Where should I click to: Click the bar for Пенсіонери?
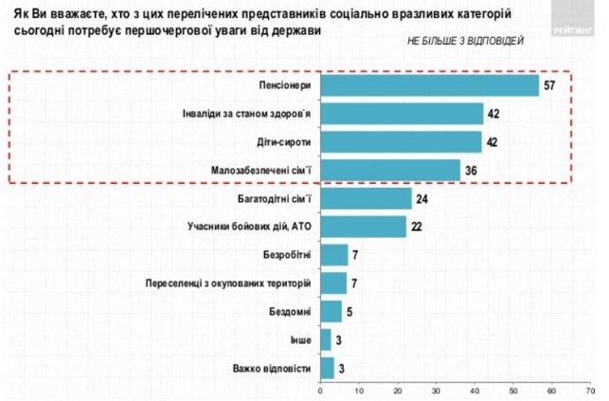pos(430,86)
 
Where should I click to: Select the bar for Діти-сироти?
pos(402,142)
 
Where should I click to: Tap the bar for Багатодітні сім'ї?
pos(367,198)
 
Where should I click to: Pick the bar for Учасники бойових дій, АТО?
pos(363,227)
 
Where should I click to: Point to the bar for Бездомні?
pos(331,311)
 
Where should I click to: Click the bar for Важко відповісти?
pos(327,368)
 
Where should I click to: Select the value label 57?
pos(548,86)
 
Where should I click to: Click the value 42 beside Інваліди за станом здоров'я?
pos(492,115)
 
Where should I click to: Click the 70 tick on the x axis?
pos(590,390)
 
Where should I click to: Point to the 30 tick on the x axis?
pos(436,390)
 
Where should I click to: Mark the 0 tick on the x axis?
pos(321,390)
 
